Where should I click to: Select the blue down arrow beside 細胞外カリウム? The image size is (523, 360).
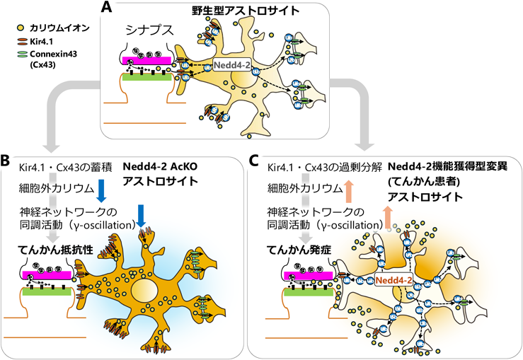pyautogui.click(x=100, y=190)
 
